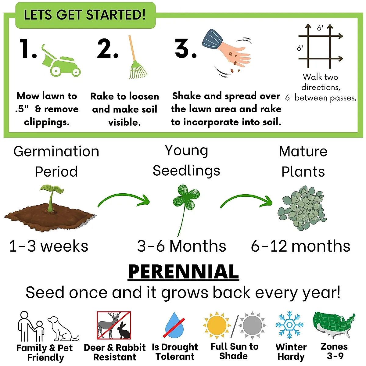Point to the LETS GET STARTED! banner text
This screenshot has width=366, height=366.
(x=85, y=15)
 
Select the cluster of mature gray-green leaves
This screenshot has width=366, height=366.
(x=302, y=207)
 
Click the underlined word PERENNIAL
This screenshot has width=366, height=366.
(x=183, y=272)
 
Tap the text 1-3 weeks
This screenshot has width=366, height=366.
(x=49, y=246)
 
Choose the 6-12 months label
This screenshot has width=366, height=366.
(x=300, y=246)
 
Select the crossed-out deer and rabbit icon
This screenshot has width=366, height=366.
(x=114, y=325)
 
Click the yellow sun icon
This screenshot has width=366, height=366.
(x=217, y=325)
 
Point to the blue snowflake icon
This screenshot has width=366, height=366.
(x=289, y=325)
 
